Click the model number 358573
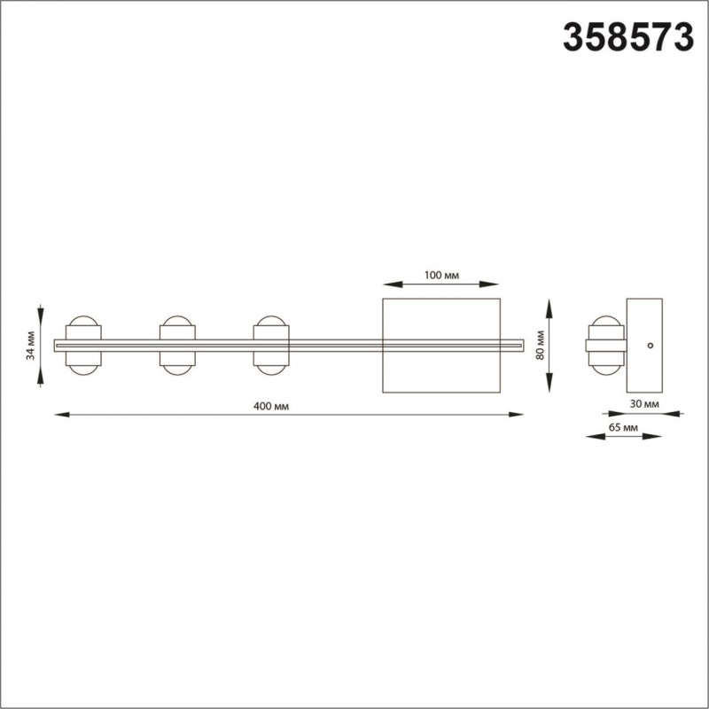coord(628,38)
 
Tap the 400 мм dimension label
coord(271,407)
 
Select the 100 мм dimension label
coord(441,276)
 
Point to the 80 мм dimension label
coord(540,346)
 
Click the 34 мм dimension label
coord(30,346)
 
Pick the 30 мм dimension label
coord(644,404)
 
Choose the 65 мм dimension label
coord(623,427)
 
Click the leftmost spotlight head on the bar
coord(83,346)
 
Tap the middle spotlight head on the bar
coord(177,346)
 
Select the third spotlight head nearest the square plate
coord(271,346)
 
